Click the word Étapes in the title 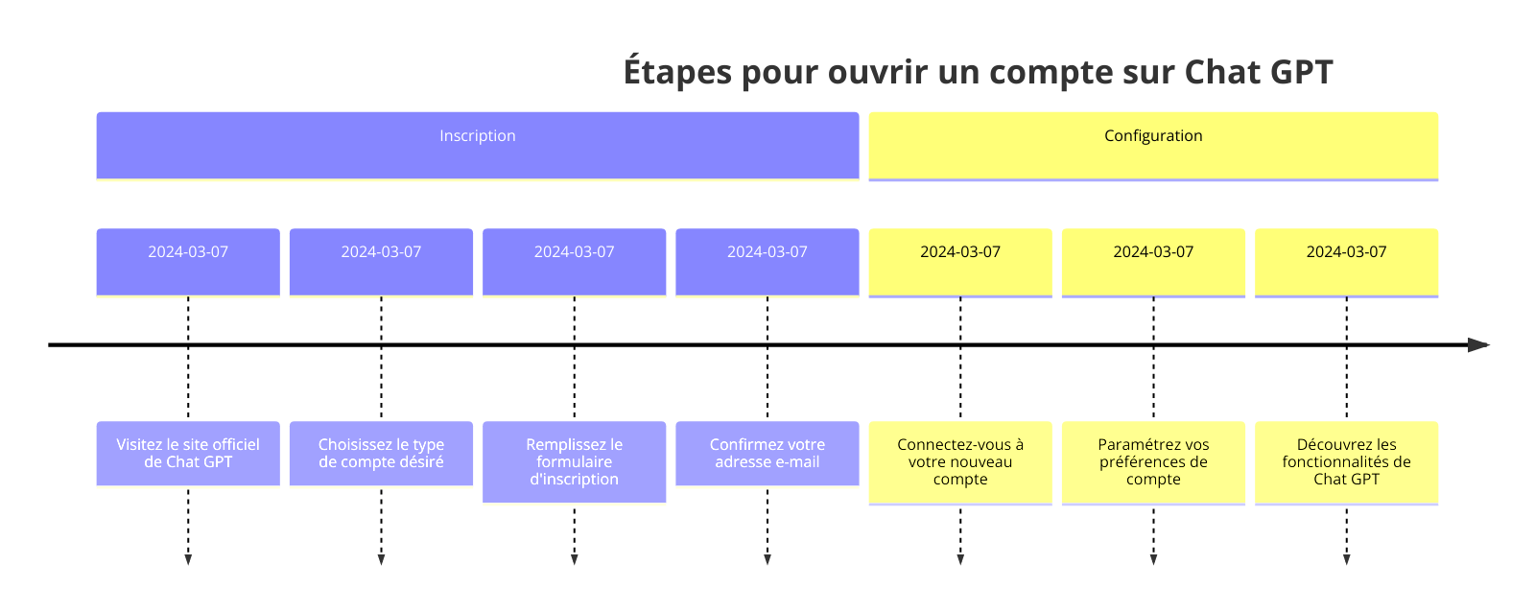pos(677,72)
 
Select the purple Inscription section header pos(478,145)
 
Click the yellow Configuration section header pos(1153,146)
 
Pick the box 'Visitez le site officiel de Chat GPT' pos(188,453)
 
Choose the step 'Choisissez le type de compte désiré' pos(381,453)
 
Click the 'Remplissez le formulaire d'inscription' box pos(575,462)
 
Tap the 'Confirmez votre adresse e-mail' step pos(767,453)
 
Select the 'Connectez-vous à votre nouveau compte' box pos(960,462)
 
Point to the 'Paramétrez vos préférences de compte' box pos(1153,462)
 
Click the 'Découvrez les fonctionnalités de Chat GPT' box pos(1347,462)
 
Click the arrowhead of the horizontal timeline pos(1478,344)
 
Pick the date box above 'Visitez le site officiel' pos(188,262)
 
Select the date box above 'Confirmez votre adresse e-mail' pos(767,262)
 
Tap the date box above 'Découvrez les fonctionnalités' pos(1347,263)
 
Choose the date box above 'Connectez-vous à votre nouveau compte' pos(960,263)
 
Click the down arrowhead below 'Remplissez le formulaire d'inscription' pos(575,560)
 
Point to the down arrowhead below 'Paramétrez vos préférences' pos(1153,560)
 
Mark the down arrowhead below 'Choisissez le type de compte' pos(381,560)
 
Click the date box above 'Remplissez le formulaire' pos(575,262)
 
